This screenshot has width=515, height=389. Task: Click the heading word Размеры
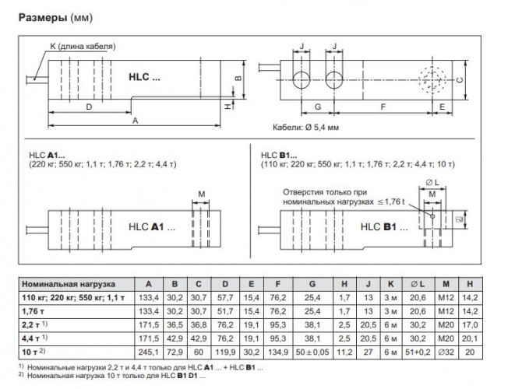pyautogui.click(x=43, y=17)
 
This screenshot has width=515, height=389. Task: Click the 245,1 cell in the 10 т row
pyautogui.click(x=149, y=352)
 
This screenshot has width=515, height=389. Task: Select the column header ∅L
pyautogui.click(x=418, y=284)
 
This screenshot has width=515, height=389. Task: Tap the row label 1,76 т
pyautogui.click(x=32, y=311)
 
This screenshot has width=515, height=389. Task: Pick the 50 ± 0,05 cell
pyautogui.click(x=312, y=352)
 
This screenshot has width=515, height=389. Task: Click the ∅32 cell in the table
pyautogui.click(x=446, y=352)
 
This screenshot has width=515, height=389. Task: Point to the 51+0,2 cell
pyautogui.click(x=418, y=352)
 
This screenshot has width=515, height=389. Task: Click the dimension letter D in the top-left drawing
pyautogui.click(x=89, y=107)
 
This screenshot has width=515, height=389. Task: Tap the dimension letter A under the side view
pyautogui.click(x=135, y=121)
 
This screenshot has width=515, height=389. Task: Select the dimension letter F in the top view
pyautogui.click(x=383, y=107)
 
